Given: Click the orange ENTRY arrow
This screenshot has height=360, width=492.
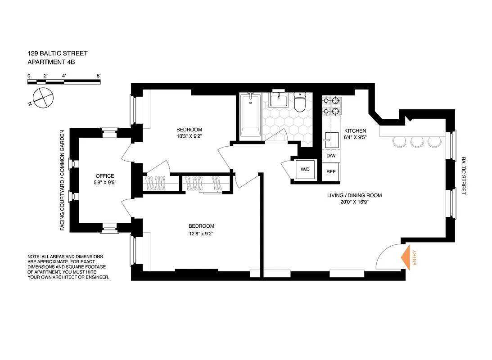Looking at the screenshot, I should [406, 257].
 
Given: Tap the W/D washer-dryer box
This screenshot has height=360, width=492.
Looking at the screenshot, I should [305, 169].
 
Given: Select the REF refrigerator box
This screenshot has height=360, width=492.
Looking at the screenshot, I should [331, 171].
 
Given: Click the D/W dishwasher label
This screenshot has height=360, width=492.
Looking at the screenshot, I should [331, 156].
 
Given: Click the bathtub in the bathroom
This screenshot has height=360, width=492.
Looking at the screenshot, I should [250, 115].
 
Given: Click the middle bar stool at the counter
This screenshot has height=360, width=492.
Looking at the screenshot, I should [416, 141].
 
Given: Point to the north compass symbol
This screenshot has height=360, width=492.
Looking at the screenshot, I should [41, 97].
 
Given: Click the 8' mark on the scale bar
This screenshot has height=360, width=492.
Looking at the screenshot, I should [98, 76].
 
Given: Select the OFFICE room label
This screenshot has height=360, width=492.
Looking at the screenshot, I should [104, 176].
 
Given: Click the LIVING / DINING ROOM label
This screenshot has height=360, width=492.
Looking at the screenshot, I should [354, 195].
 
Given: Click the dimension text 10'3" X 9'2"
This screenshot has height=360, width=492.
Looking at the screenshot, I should [189, 137].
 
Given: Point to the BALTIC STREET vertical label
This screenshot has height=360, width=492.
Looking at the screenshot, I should [463, 175].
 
